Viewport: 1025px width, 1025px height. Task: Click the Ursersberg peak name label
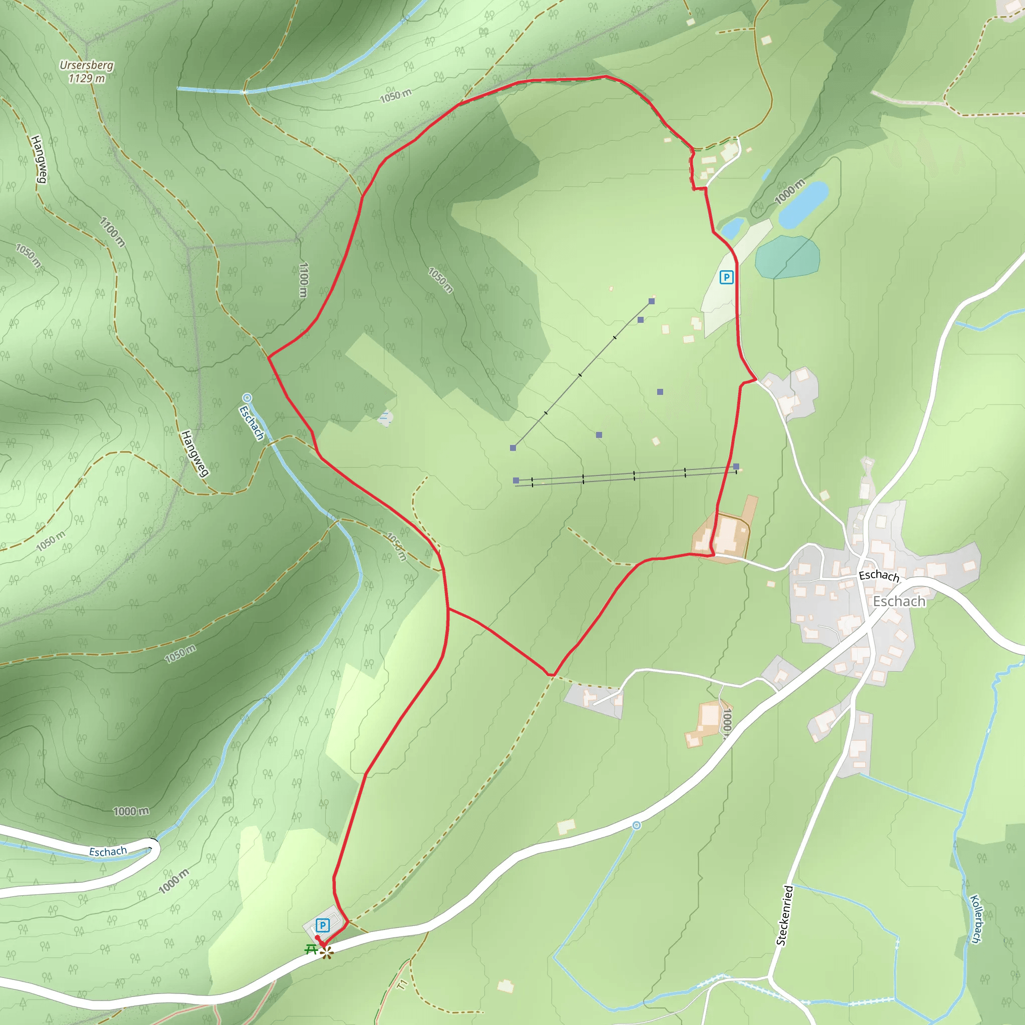[86, 65]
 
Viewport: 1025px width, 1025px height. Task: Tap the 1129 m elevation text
[86, 79]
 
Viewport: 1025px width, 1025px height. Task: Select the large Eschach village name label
[899, 601]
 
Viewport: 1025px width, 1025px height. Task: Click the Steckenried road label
[784, 915]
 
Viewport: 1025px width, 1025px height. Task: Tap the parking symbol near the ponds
[726, 277]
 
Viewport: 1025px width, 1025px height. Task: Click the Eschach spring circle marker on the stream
[247, 397]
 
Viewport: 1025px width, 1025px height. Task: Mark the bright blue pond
[803, 204]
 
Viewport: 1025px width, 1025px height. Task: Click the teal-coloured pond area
[787, 257]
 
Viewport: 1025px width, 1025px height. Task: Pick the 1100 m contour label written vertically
[303, 280]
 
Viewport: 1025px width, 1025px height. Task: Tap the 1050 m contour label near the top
[395, 96]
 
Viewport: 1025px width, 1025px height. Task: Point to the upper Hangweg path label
[39, 159]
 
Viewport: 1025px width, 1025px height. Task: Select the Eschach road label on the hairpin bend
[108, 851]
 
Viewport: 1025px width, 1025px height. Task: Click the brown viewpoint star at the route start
[326, 953]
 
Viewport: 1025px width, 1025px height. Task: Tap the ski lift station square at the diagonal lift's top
[652, 301]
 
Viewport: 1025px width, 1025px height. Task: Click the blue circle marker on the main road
[636, 825]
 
